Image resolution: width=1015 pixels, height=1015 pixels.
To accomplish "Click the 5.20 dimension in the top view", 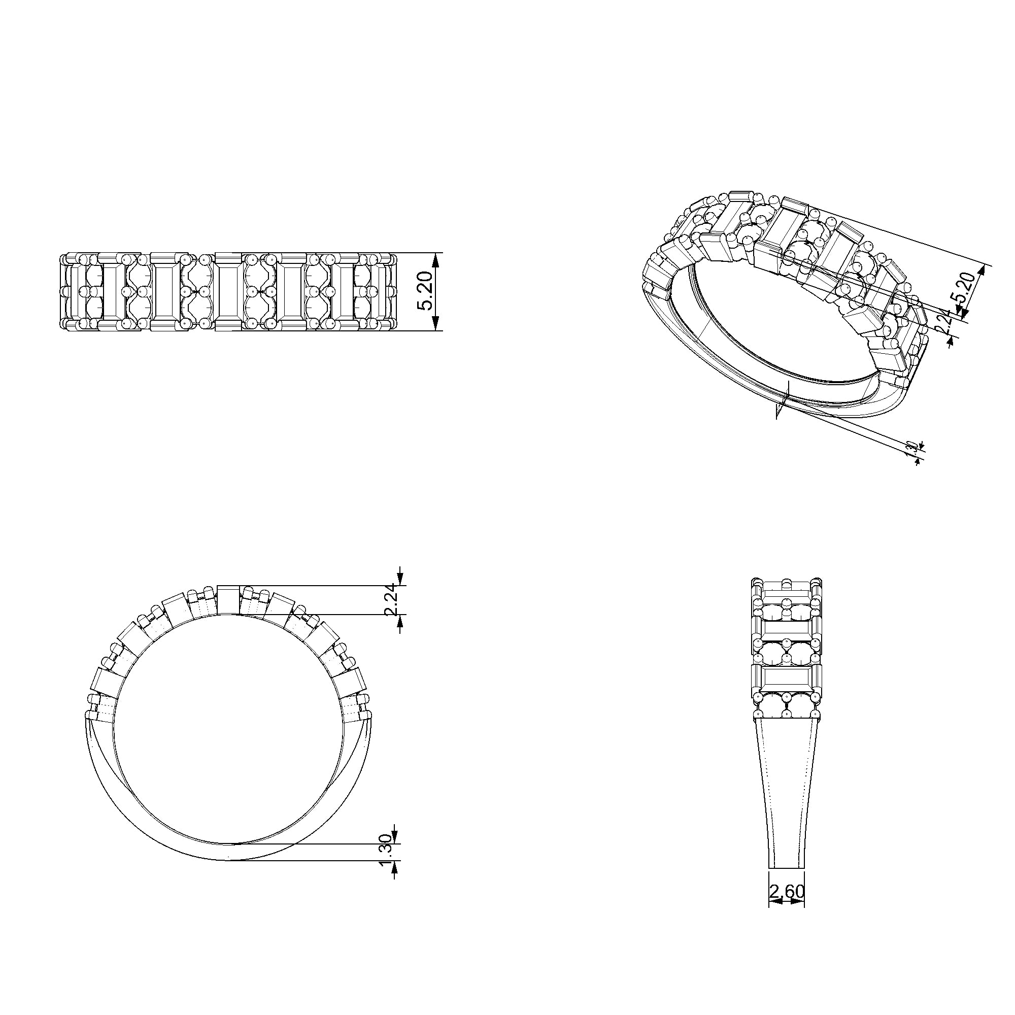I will (x=426, y=292).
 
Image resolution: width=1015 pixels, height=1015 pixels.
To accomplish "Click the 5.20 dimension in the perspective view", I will (x=967, y=288).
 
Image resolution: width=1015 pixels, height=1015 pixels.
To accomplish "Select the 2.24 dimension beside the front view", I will (x=391, y=600).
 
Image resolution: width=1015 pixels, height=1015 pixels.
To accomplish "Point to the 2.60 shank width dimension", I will (x=787, y=892).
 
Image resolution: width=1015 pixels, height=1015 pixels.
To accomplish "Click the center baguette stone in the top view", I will (x=227, y=292).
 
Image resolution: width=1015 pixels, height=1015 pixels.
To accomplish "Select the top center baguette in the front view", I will (x=228, y=600).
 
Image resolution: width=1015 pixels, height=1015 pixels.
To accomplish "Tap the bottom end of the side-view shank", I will (x=787, y=867).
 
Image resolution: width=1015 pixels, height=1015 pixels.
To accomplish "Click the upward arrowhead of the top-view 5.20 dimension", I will (x=435, y=258).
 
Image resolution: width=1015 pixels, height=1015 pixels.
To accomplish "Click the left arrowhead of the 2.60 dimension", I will (x=774, y=900).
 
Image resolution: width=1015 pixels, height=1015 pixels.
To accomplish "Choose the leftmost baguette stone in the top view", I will (x=74, y=292).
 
